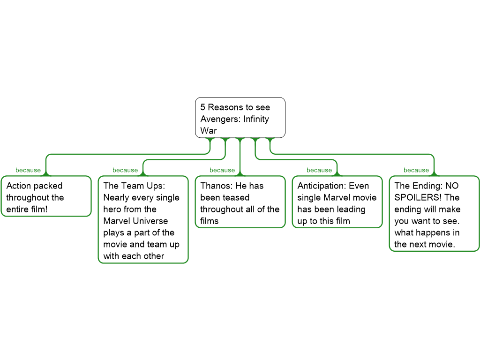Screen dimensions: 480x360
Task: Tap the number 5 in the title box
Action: pos(202,107)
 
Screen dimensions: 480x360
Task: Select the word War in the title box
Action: pos(209,130)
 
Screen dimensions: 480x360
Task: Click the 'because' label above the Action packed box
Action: pos(28,170)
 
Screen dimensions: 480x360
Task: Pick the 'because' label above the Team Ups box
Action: pos(125,170)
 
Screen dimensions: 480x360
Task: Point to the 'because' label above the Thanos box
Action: pos(222,170)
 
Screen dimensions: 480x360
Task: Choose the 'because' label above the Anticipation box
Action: pos(319,170)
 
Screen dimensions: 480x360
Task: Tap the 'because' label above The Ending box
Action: pos(416,170)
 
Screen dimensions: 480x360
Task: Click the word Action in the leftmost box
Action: pos(19,186)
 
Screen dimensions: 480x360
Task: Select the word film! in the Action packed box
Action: pos(39,210)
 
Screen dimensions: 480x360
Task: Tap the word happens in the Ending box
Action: pos(433,233)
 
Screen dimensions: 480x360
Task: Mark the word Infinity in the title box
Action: pos(256,119)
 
